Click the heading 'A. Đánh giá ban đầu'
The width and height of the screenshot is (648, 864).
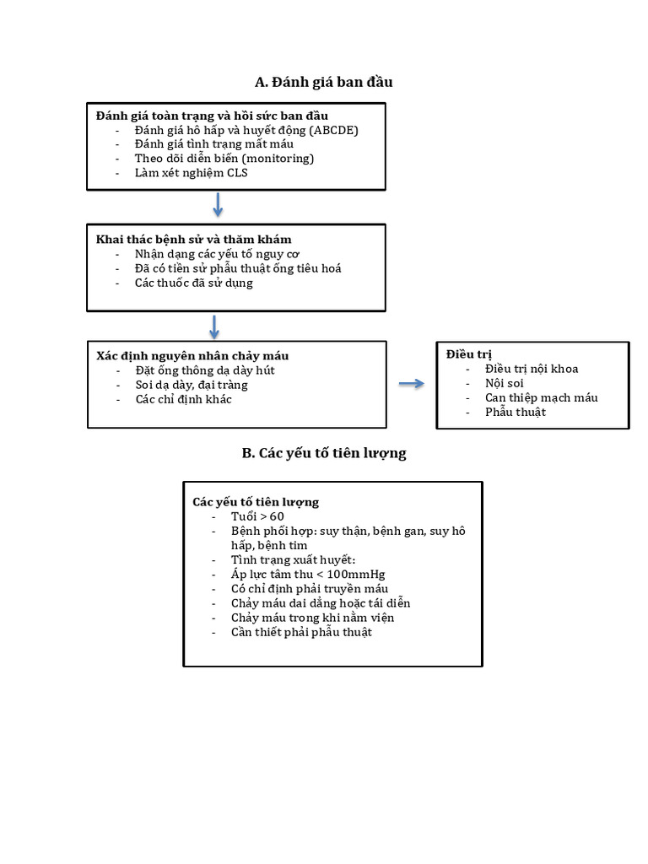(323, 82)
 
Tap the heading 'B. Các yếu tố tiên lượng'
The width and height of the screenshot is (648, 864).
(324, 453)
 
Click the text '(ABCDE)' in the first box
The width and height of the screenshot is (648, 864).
(333, 131)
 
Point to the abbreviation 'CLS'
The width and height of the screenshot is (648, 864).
(237, 173)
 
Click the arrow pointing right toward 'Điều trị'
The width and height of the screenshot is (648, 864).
(412, 384)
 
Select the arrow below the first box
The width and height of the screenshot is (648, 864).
(218, 204)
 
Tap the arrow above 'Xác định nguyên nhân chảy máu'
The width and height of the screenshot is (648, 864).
(214, 327)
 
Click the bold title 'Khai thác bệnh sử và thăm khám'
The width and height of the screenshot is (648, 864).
(193, 240)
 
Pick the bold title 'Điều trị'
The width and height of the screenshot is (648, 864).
(469, 354)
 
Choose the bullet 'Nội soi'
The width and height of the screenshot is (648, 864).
(505, 384)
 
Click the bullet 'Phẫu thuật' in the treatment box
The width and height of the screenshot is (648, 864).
(516, 412)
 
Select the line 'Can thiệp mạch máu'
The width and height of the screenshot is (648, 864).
(541, 398)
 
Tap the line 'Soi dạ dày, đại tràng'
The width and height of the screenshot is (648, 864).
(192, 385)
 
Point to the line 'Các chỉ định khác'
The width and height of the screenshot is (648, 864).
(183, 399)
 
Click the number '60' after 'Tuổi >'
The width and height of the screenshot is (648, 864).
(277, 517)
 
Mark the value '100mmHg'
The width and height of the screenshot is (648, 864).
(356, 575)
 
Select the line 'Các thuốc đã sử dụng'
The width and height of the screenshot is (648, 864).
(193, 283)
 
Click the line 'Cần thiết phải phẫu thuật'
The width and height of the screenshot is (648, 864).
(301, 633)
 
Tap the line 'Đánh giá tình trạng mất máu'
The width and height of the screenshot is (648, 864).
(213, 144)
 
